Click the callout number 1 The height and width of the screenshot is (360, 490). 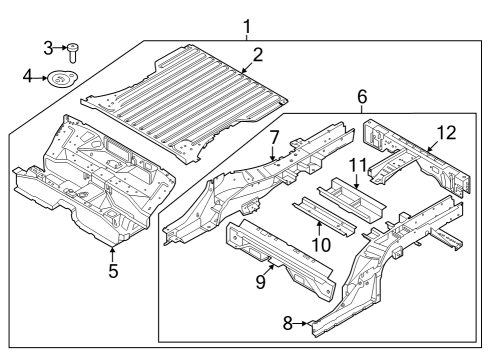click(x=247, y=27)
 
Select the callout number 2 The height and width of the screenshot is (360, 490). click(x=258, y=55)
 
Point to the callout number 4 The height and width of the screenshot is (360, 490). click(x=29, y=75)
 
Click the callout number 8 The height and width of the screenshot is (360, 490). click(x=289, y=323)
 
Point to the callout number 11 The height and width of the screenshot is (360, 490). click(x=357, y=163)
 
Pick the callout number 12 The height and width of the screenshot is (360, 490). click(x=445, y=131)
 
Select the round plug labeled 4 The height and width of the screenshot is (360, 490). click(x=64, y=79)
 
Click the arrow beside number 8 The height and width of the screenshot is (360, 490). click(x=303, y=323)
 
